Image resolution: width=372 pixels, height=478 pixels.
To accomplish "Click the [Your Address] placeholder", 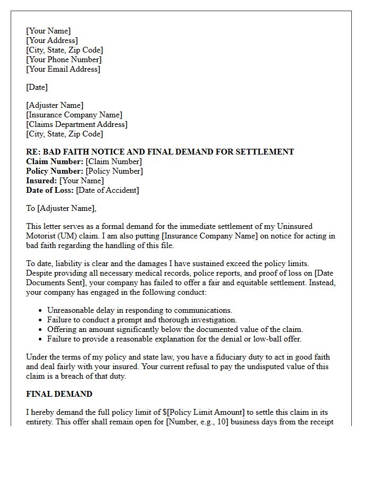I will pos(52,40).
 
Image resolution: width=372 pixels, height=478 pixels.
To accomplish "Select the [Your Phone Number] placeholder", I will pos(63,59).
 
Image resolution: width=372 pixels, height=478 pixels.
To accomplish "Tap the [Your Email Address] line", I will pos(63,69).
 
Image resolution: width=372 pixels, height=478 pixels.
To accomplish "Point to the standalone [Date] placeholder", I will pos(37,87).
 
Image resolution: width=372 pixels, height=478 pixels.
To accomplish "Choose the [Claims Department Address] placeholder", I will pos(77,124).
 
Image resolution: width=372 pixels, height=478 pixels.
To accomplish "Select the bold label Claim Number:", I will pos(55,161).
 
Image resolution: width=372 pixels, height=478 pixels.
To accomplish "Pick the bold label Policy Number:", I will pos(55,171).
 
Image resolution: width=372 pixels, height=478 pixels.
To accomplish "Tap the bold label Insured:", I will pos(41,181).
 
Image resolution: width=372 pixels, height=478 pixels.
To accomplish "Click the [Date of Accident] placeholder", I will pos(107,190).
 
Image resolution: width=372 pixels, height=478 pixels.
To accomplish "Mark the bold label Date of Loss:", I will pos(50,190).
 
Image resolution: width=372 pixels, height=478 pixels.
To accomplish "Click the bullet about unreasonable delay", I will pos(139,310).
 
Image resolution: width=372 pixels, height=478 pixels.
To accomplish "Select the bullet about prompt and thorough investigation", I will pos(142,320).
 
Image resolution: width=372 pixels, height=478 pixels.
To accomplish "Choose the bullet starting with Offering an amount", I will pos(175,329).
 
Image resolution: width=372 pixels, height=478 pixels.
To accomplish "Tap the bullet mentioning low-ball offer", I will pos(174,339).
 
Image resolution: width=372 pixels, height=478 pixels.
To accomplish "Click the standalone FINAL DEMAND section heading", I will pos(59,394).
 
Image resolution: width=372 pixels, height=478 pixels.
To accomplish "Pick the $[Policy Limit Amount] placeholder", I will pos(170,413).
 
